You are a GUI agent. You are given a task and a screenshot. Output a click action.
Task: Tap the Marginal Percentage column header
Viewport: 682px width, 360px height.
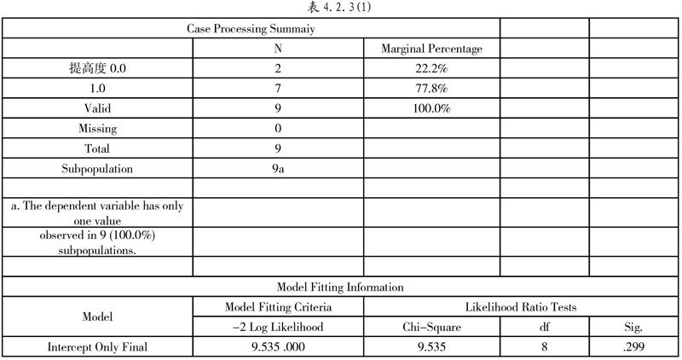[431, 49]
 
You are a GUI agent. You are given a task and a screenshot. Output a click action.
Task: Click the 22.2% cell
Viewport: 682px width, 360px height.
[431, 68]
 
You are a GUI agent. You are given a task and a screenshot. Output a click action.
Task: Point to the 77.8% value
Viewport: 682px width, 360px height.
[431, 89]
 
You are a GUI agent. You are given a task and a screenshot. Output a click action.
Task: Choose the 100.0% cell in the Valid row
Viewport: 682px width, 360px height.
[431, 108]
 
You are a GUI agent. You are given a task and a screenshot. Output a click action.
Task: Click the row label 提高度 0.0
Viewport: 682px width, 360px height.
[97, 68]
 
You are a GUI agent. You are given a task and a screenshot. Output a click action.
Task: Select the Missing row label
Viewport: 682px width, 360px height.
[97, 129]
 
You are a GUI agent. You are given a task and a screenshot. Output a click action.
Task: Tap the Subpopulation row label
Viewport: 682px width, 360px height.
[97, 168]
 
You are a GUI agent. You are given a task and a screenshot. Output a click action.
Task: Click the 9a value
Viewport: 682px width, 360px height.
[278, 168]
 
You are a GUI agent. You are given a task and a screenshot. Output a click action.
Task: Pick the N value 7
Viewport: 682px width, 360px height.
[278, 89]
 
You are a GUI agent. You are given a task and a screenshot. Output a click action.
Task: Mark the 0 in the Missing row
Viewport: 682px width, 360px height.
[278, 129]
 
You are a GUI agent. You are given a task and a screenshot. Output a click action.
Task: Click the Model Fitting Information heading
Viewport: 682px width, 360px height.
[340, 287]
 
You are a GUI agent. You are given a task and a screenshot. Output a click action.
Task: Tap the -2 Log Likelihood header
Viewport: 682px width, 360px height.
[278, 326]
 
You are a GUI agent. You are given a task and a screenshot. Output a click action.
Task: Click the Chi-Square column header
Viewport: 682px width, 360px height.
[431, 326]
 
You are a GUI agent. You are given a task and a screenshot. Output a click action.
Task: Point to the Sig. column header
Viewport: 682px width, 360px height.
[634, 326]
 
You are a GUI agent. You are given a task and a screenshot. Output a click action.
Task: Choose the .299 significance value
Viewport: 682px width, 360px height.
[634, 346]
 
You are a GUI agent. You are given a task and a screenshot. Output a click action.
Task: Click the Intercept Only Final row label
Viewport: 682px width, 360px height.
[97, 346]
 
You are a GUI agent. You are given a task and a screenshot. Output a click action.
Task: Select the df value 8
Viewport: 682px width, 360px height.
[545, 346]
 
